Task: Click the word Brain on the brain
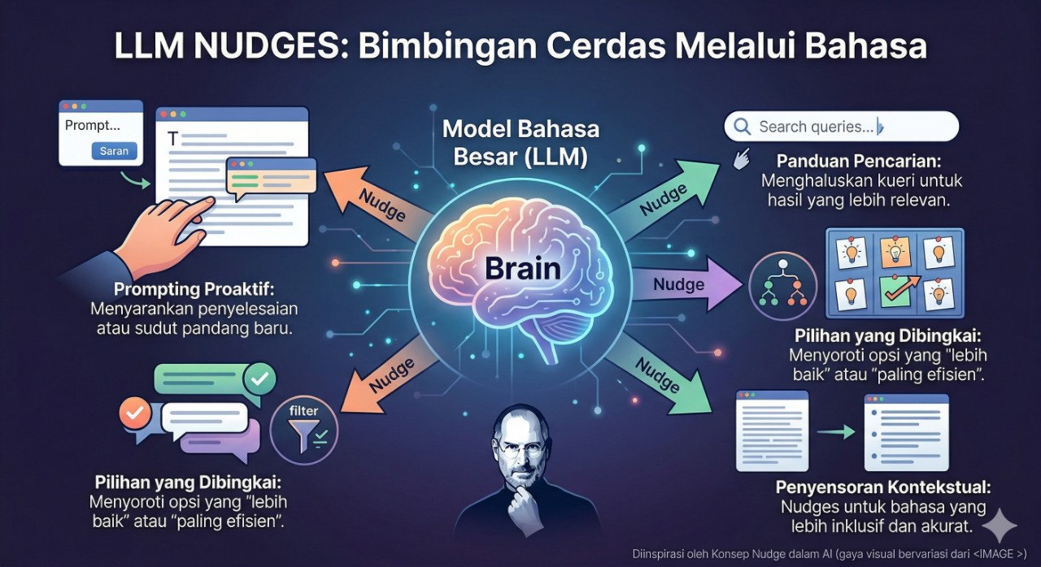520,269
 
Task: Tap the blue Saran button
114,150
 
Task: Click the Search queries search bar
841,127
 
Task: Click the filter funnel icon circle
304,424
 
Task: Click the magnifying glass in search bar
741,127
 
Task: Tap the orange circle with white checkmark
135,414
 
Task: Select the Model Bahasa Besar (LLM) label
520,143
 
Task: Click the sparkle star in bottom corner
999,526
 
